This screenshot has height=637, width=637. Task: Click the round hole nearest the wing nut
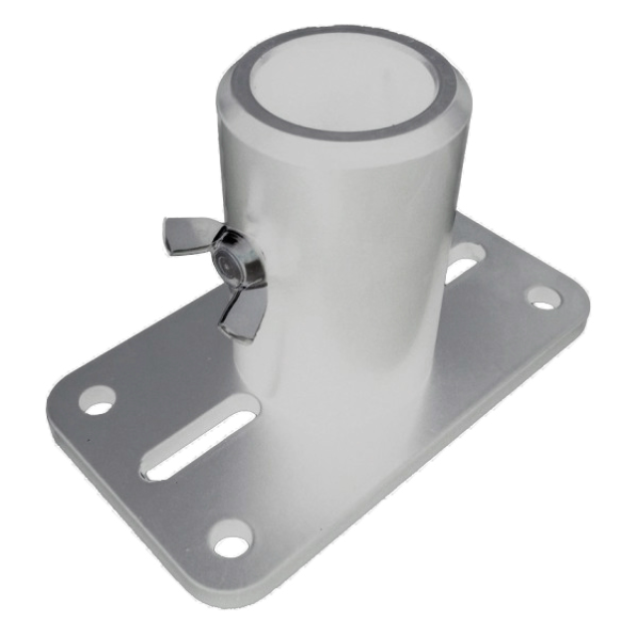click(97, 400)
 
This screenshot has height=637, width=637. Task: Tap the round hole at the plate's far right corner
click(542, 297)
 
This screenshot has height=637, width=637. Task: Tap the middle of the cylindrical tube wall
click(338, 249)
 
